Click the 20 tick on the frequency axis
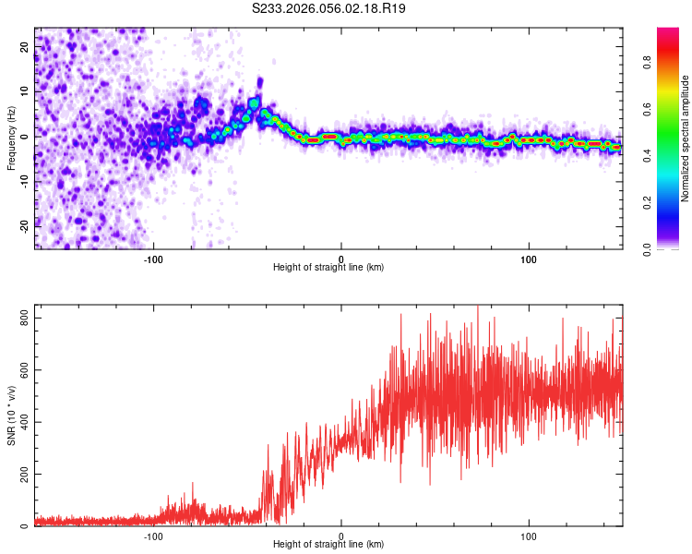(x=26, y=48)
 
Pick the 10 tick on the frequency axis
(x=26, y=92)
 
